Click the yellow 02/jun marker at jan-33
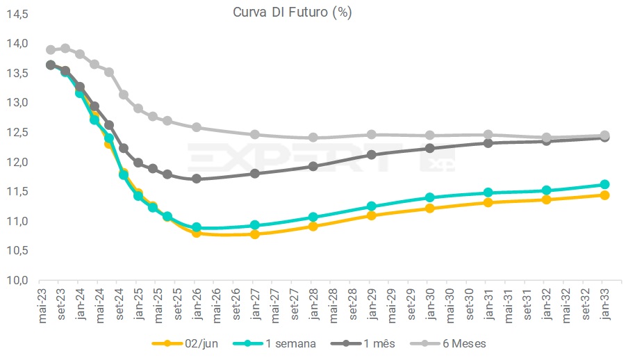604,195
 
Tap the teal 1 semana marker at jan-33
604,185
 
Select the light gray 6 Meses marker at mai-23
51,50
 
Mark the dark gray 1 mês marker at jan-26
197,179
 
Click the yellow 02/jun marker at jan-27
255,234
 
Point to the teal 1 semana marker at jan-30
430,197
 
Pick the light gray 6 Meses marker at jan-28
313,138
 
